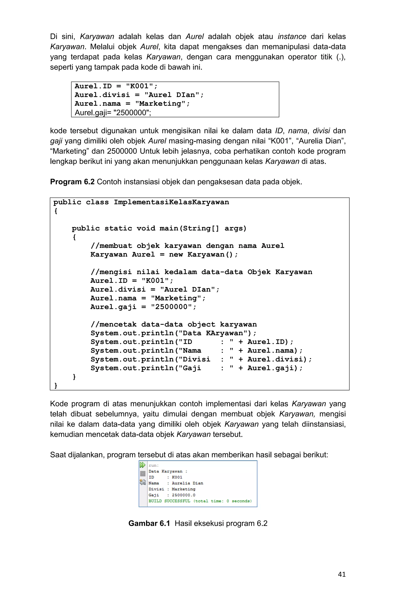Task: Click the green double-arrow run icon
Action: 142,465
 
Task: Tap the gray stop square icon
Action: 143,474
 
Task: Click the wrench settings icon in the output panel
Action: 143,482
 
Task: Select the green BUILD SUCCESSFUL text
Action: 169,501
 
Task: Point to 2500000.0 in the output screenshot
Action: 183,495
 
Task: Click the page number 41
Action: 342,574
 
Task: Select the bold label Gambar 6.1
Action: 149,523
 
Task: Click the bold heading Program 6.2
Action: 72,182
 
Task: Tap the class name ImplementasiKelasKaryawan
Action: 171,202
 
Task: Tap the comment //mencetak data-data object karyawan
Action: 174,324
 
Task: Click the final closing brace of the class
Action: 56,385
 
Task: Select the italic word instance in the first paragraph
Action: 292,37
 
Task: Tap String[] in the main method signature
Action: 201,228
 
